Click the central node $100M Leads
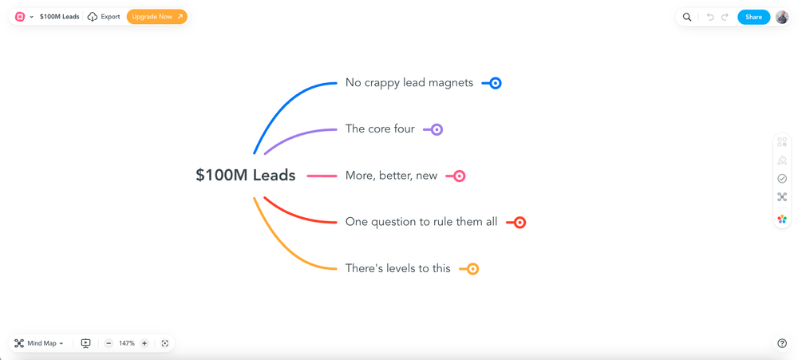tap(245, 176)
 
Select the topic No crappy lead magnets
tap(409, 83)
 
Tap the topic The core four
tap(379, 129)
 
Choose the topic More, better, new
tap(391, 176)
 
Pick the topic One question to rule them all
tap(421, 222)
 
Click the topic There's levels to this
tap(397, 269)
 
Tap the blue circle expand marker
tap(496, 83)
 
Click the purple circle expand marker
tap(437, 129)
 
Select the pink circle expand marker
tap(460, 176)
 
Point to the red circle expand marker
tap(519, 223)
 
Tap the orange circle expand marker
tap(473, 269)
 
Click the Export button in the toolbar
tap(104, 17)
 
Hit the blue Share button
tap(753, 17)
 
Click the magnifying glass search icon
tap(687, 17)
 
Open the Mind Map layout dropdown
tap(39, 343)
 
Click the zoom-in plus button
tap(144, 343)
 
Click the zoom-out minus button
tap(109, 343)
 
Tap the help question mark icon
tap(782, 343)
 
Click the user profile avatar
tap(782, 17)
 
